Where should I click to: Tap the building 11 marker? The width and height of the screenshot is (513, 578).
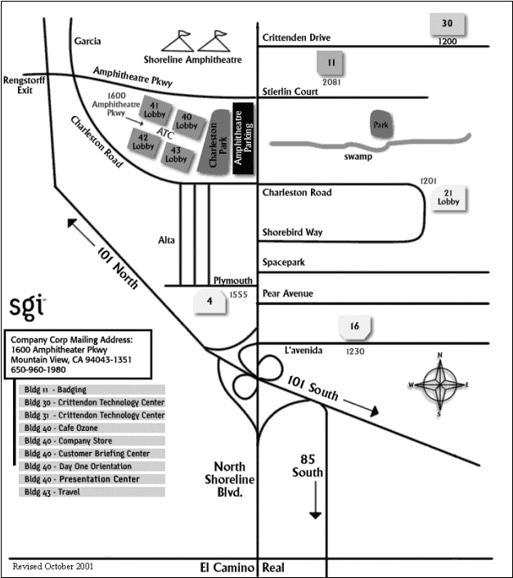pyautogui.click(x=331, y=62)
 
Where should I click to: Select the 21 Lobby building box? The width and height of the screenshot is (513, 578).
pyautogui.click(x=448, y=197)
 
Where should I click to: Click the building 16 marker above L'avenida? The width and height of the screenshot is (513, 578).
pyautogui.click(x=354, y=328)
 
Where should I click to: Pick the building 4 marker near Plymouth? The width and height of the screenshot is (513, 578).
pyautogui.click(x=210, y=302)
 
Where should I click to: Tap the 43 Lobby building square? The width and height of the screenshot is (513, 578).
pyautogui.click(x=177, y=153)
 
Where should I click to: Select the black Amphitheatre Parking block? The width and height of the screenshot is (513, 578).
pyautogui.click(x=243, y=139)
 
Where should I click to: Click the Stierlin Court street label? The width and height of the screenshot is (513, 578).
pyautogui.click(x=290, y=92)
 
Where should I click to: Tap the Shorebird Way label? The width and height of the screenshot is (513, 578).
pyautogui.click(x=292, y=232)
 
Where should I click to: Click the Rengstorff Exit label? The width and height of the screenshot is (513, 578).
pyautogui.click(x=21, y=86)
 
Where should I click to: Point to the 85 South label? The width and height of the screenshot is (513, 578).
pyautogui.click(x=312, y=464)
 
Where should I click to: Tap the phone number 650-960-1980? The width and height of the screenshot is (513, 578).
pyautogui.click(x=40, y=370)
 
